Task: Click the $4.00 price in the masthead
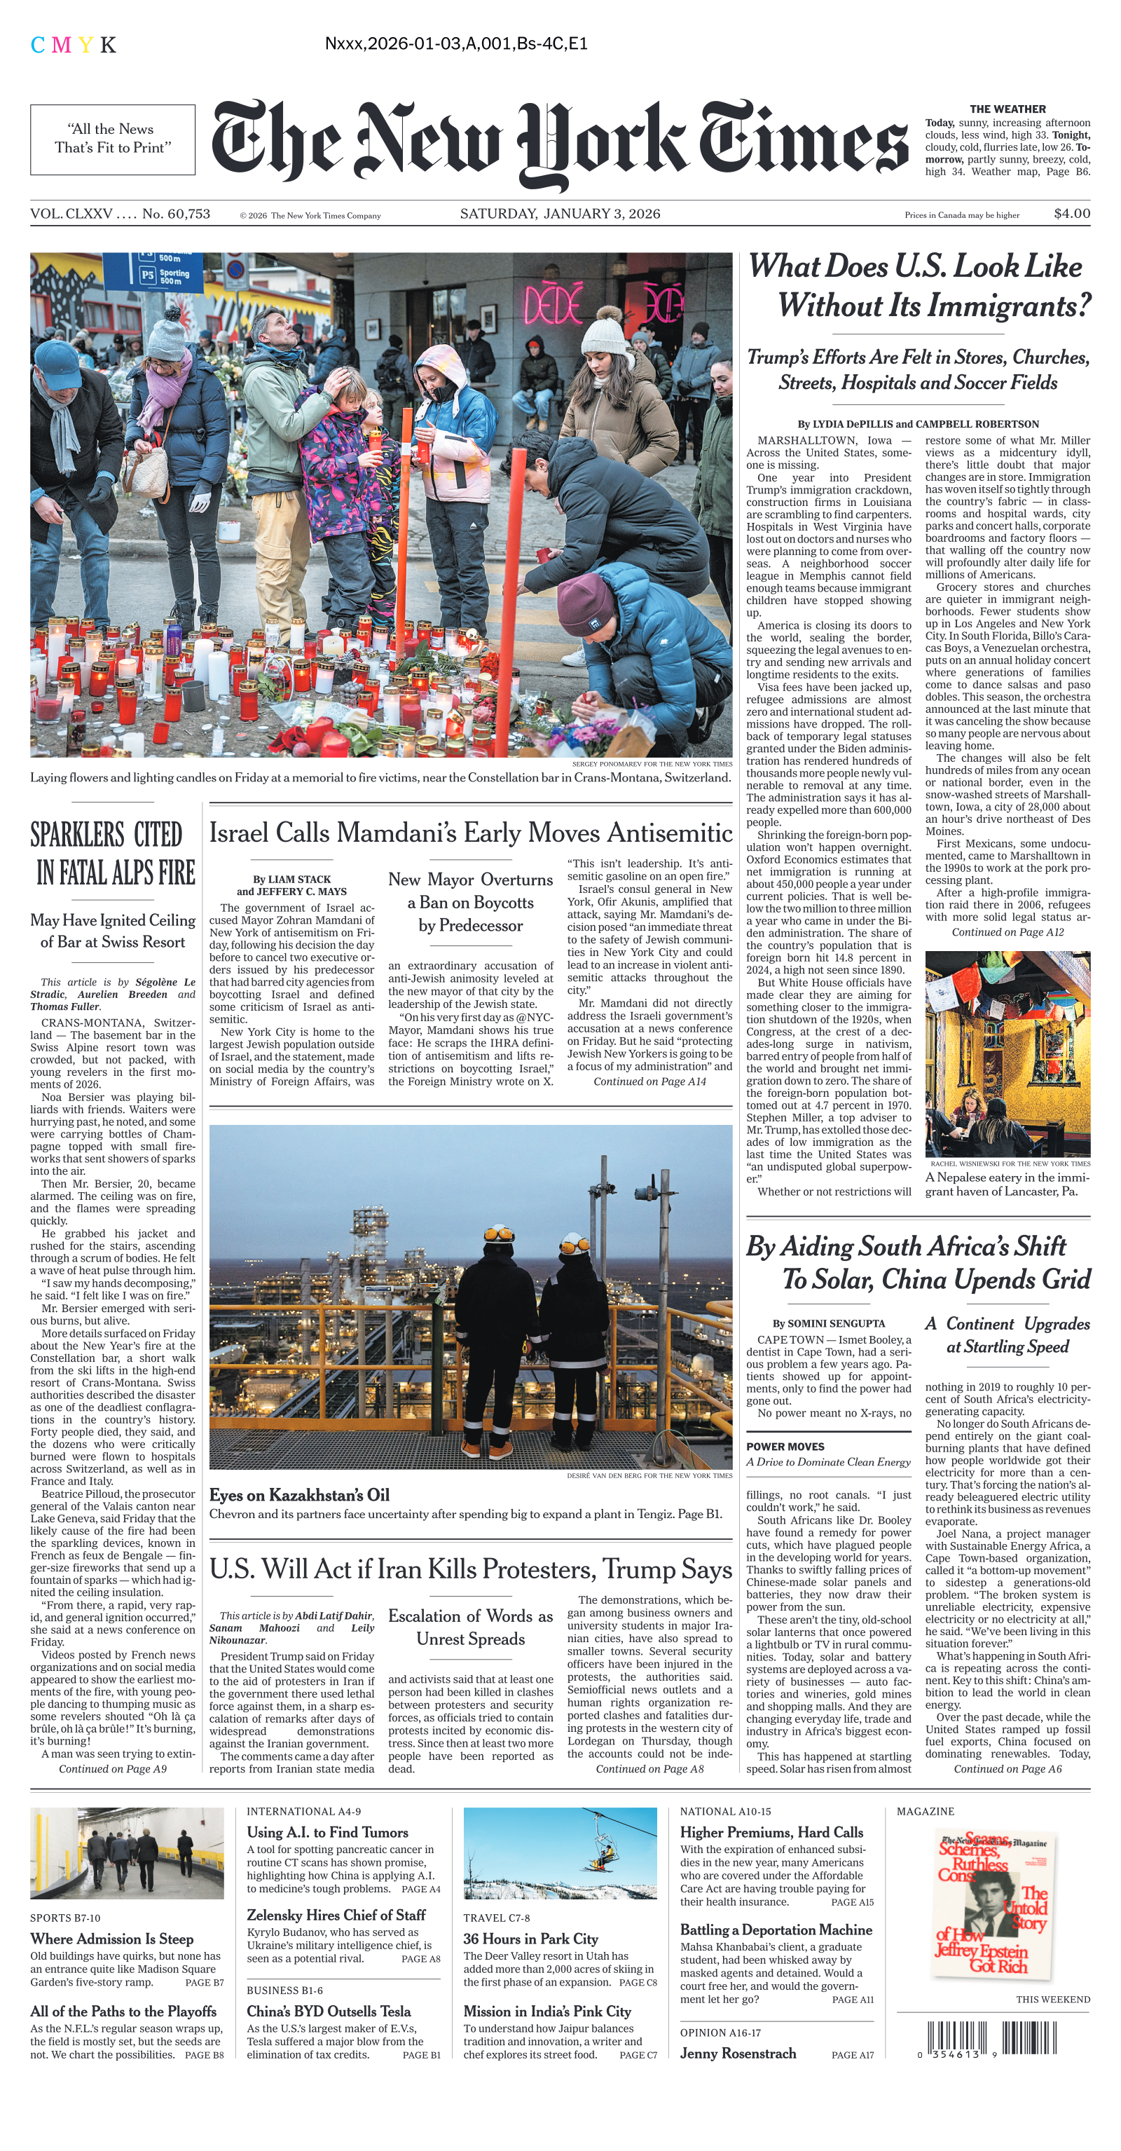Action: click(x=1071, y=214)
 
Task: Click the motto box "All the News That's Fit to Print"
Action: click(x=113, y=139)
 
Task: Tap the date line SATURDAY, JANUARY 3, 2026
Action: click(x=559, y=214)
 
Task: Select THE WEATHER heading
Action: click(x=1007, y=109)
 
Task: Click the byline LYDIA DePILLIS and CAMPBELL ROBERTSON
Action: click(x=917, y=424)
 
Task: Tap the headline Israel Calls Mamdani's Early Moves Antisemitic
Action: click(x=470, y=833)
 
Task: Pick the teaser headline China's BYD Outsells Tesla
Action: click(x=329, y=2011)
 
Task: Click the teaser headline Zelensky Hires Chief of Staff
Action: click(x=336, y=1915)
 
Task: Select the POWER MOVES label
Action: click(x=785, y=1446)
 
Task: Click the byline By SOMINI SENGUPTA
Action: click(x=828, y=1323)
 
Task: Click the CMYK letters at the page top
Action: click(x=74, y=45)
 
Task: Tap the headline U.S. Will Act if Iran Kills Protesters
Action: click(x=470, y=1569)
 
